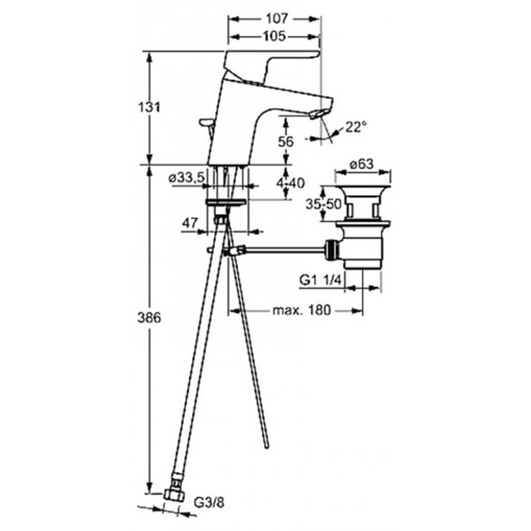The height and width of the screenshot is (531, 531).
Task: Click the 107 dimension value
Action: coord(276,19)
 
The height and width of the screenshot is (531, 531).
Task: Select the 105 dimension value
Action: coord(274,36)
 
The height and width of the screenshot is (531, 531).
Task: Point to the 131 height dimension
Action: coord(149,107)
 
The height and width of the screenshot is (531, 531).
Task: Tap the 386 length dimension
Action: coord(149,317)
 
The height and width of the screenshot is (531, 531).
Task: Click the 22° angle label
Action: coord(356,127)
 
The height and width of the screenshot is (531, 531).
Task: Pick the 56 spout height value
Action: coord(286,142)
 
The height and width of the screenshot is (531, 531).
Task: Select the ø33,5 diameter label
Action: coord(186,177)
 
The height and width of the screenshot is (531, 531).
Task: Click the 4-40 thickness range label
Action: coord(290,183)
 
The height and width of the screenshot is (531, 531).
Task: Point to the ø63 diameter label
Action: coord(362,164)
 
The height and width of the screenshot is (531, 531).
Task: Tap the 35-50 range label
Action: coord(323,204)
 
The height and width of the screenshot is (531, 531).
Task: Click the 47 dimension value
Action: coord(189,223)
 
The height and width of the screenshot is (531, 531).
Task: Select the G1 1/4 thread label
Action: coord(322,280)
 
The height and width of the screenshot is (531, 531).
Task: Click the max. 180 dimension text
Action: coord(301,310)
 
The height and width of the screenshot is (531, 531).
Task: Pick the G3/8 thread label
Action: coord(209,503)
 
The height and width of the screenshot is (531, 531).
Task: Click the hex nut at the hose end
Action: coord(174,496)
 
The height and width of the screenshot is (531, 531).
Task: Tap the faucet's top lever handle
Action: coord(271,64)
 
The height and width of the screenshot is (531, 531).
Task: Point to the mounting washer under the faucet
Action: coord(225,202)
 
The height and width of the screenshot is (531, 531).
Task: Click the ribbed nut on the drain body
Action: coord(332,250)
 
